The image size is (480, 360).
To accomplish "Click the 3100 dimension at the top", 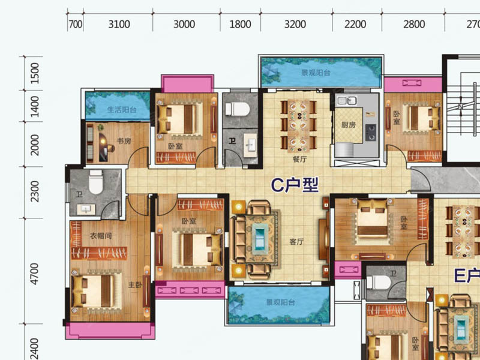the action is click(x=119, y=24).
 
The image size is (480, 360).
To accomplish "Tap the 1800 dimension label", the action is click(x=241, y=24).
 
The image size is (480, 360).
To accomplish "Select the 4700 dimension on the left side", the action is click(x=35, y=274).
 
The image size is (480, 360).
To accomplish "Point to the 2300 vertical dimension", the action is click(x=35, y=191).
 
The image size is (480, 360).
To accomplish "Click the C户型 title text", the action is click(x=295, y=185).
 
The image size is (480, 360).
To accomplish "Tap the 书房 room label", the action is click(x=124, y=141).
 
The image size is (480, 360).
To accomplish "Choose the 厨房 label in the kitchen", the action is click(x=349, y=125).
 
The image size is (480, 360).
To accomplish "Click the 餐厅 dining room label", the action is click(x=299, y=159).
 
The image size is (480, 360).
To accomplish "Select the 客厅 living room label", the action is click(x=296, y=242).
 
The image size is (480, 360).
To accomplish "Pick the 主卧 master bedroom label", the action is click(x=135, y=285).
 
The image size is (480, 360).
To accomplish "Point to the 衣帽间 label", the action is click(x=101, y=236).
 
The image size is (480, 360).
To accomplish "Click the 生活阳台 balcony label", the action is click(x=122, y=109).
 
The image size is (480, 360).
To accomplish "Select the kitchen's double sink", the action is click(x=347, y=100).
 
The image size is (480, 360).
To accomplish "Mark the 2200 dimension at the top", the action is click(x=355, y=24).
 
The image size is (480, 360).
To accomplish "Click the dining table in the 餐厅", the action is click(x=298, y=127).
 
